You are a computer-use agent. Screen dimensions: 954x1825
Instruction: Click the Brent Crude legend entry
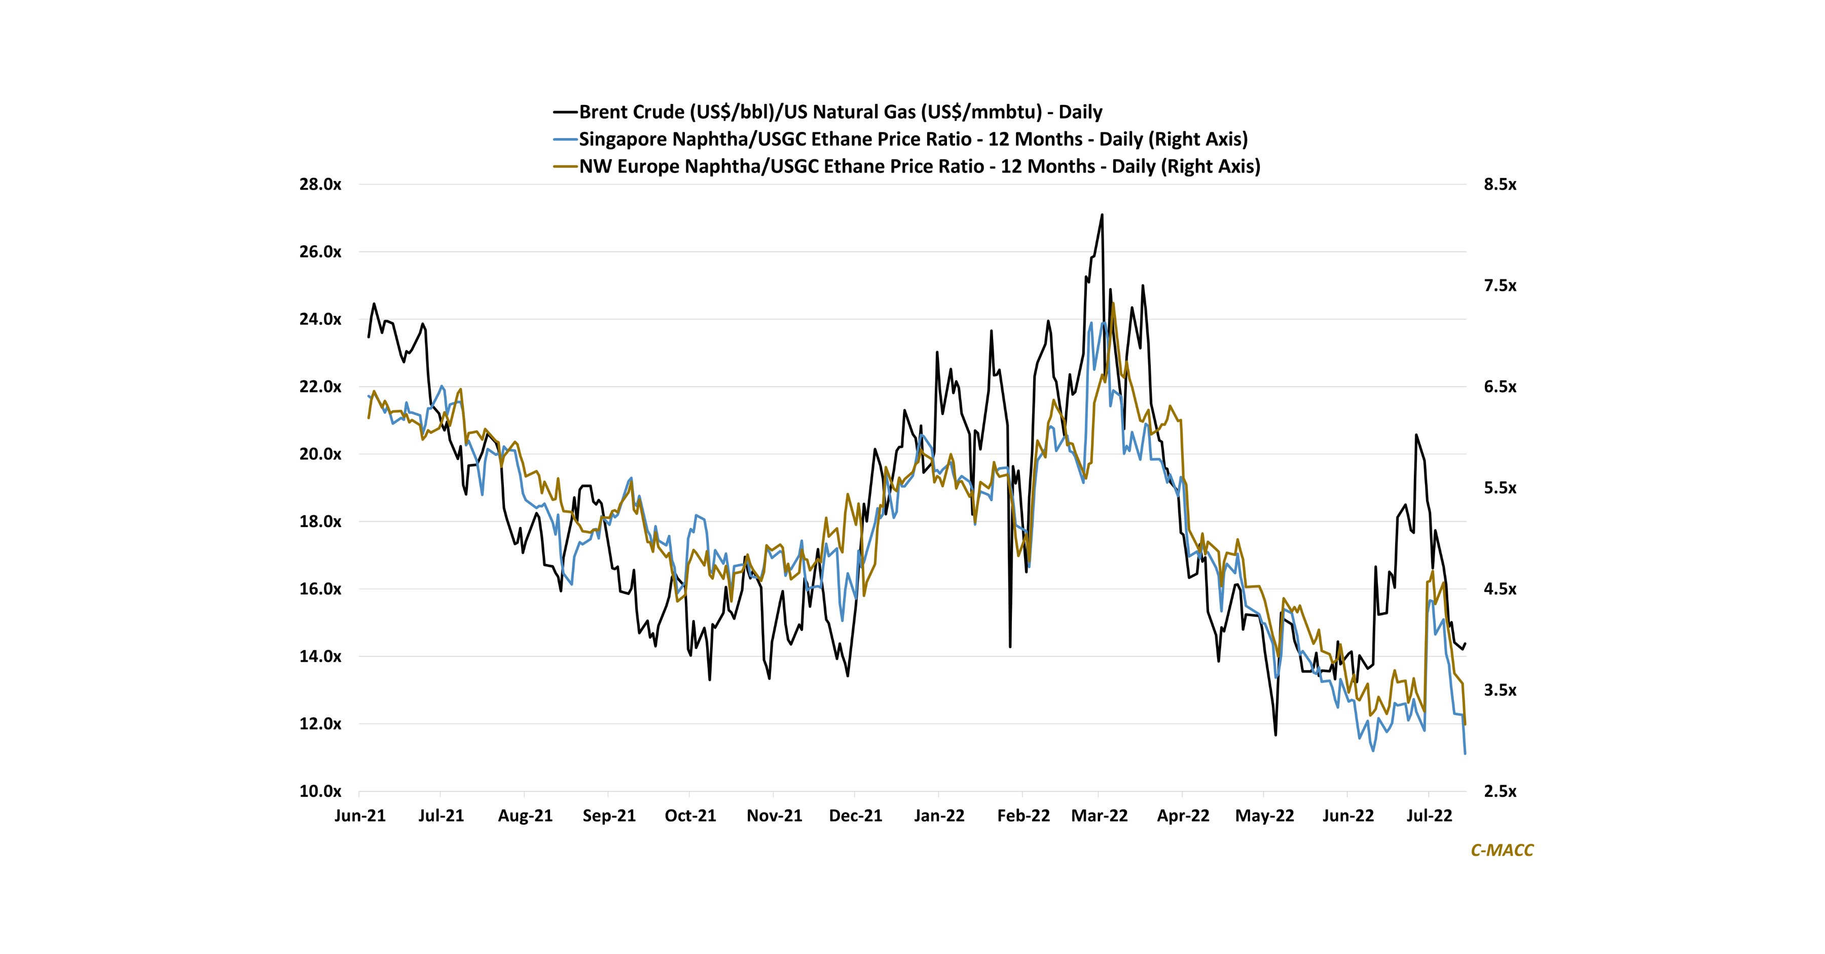click(840, 112)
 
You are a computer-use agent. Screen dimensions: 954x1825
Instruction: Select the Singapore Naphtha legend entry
click(913, 139)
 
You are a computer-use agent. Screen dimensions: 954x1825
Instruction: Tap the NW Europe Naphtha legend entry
click(920, 166)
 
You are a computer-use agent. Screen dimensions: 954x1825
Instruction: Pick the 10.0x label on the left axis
click(320, 792)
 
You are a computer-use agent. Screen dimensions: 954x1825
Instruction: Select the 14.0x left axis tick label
click(320, 656)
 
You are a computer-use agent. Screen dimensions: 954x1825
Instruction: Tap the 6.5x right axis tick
click(1500, 387)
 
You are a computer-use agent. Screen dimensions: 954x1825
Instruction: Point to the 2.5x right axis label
click(1500, 792)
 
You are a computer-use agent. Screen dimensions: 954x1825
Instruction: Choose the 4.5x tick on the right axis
click(1500, 589)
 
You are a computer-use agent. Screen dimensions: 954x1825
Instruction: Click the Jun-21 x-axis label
click(360, 816)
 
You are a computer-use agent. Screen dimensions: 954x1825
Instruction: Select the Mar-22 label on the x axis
click(1099, 816)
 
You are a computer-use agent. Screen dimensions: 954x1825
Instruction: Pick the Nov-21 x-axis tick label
click(774, 816)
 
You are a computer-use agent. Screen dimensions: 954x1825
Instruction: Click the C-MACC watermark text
click(1502, 850)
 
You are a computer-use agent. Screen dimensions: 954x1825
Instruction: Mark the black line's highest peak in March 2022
click(1102, 215)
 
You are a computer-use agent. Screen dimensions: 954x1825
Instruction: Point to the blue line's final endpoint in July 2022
click(1465, 754)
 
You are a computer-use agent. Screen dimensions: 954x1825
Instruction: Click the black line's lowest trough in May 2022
click(1276, 735)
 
